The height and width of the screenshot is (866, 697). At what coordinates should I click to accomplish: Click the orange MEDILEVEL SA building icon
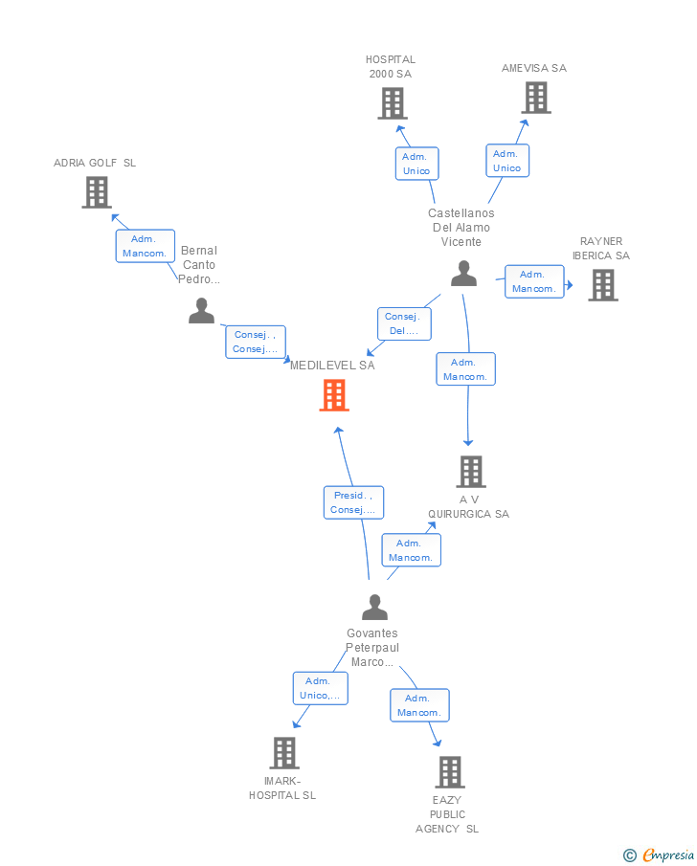[x=333, y=395]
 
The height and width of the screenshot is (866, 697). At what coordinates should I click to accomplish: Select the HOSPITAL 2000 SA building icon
[x=392, y=103]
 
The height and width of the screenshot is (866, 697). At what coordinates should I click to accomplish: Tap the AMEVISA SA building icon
[x=536, y=98]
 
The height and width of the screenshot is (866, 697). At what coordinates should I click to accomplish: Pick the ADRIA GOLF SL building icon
[x=96, y=192]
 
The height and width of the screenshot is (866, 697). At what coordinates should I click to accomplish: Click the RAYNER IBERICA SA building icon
[x=602, y=285]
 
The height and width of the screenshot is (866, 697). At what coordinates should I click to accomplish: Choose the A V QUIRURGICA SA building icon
[x=470, y=472]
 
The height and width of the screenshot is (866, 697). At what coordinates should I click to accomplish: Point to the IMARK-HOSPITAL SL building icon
[x=283, y=753]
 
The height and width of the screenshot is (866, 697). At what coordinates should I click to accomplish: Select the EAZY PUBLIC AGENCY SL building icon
[x=449, y=772]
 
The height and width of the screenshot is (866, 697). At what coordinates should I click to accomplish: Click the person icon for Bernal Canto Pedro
[x=201, y=311]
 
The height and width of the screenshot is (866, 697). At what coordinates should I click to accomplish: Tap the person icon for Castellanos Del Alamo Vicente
[x=463, y=274]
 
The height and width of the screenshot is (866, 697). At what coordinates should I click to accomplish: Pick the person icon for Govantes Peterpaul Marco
[x=374, y=608]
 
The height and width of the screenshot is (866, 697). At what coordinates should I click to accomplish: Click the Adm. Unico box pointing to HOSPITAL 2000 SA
[x=416, y=164]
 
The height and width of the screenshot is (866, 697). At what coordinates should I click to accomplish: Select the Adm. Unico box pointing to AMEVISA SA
[x=507, y=161]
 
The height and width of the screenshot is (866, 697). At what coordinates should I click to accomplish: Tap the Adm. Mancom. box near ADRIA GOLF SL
[x=146, y=246]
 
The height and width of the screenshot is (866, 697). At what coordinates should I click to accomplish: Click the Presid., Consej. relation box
[x=353, y=502]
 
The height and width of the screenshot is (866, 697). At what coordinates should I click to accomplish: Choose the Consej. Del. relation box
[x=403, y=323]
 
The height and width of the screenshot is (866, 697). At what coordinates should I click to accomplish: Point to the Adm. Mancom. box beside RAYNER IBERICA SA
[x=534, y=281]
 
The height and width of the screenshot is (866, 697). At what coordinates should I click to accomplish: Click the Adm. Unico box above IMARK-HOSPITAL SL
[x=320, y=688]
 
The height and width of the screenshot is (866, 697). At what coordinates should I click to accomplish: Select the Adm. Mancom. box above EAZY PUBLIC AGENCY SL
[x=419, y=705]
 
